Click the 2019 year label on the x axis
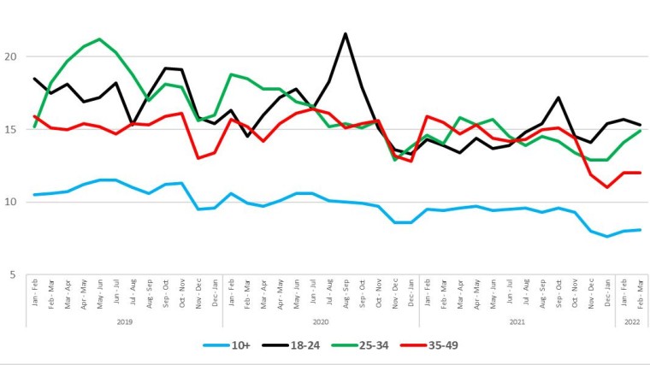(x=125, y=322)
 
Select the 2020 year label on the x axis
(x=321, y=322)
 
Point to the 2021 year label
(x=517, y=322)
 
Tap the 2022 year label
(x=632, y=322)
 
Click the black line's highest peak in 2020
(x=345, y=34)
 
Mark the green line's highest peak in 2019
(x=100, y=39)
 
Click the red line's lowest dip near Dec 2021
(x=607, y=187)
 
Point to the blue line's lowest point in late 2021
(x=607, y=237)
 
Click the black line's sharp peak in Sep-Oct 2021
(x=558, y=97)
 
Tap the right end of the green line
(x=641, y=131)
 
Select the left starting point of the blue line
(x=34, y=195)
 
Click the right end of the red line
(x=641, y=173)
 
